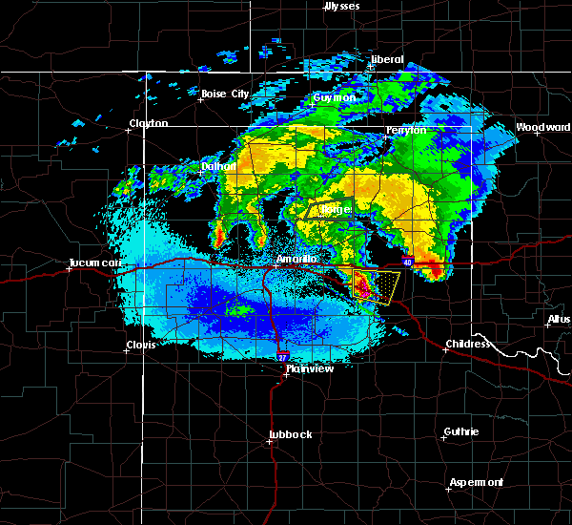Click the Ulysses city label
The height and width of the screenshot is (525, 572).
click(x=342, y=6)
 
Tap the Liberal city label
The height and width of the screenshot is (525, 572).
click(x=387, y=59)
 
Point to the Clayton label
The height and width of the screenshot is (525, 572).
click(x=149, y=123)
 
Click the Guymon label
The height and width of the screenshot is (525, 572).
click(x=335, y=97)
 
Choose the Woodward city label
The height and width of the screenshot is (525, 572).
click(x=542, y=127)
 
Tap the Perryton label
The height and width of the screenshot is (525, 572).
click(x=406, y=130)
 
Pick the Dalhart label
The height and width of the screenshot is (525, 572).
click(x=218, y=165)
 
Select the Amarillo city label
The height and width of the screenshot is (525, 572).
click(x=296, y=259)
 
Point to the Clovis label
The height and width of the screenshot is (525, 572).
click(x=142, y=346)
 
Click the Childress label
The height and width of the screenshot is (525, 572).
click(x=468, y=344)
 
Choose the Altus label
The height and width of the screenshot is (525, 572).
click(x=560, y=319)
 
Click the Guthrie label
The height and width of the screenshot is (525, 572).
click(x=462, y=431)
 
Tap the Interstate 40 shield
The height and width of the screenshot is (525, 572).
click(x=407, y=262)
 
